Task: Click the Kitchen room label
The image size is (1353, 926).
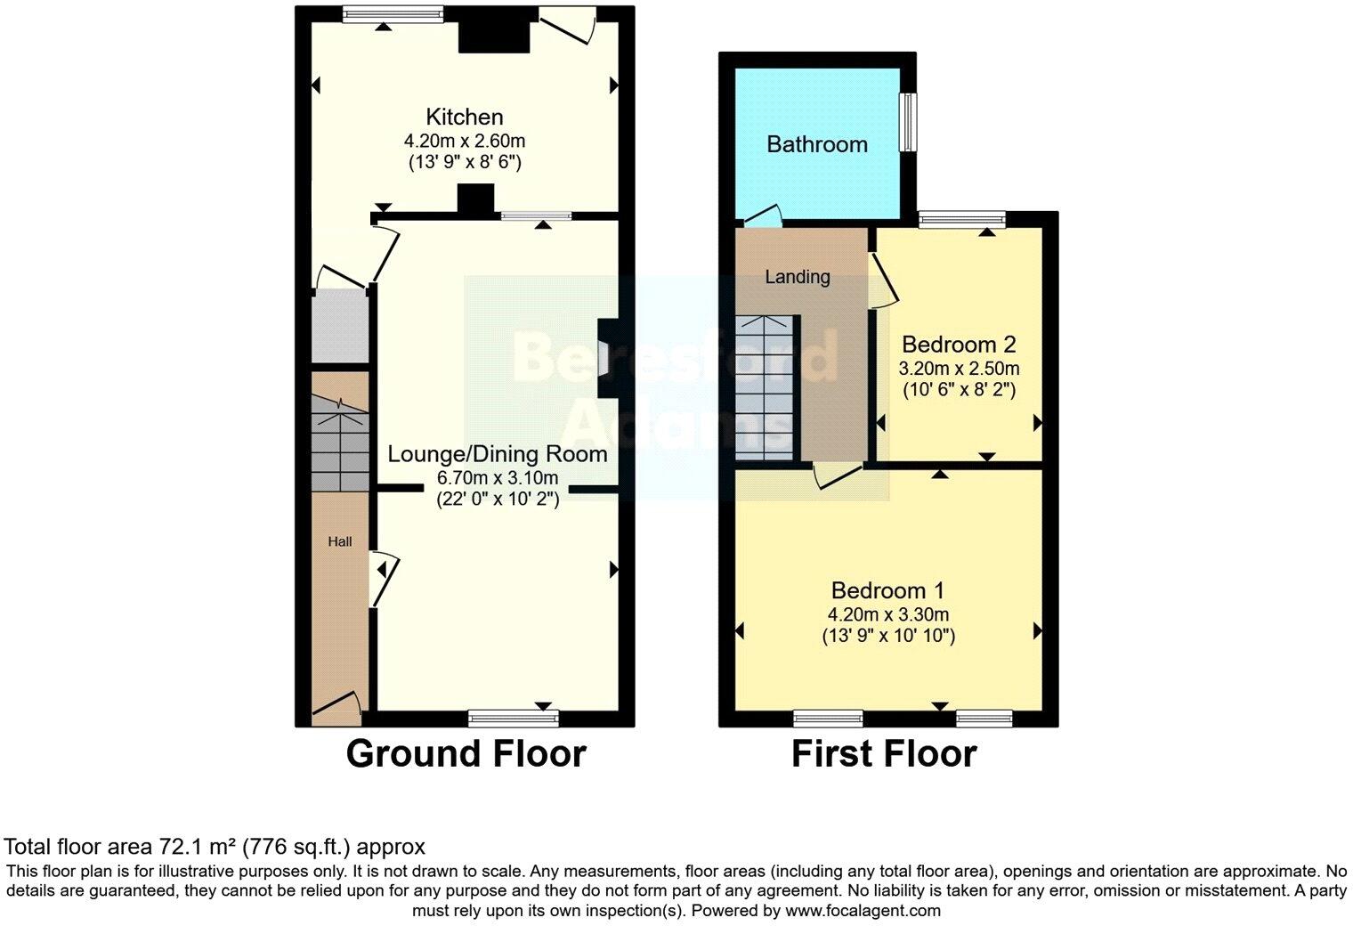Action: [464, 117]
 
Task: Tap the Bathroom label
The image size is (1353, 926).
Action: [816, 144]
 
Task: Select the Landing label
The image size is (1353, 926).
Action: [797, 277]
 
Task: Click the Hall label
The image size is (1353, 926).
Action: [339, 541]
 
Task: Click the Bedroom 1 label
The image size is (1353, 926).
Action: [887, 590]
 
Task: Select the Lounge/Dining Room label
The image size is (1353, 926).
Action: [497, 454]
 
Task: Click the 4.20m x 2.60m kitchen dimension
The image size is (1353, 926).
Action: [464, 141]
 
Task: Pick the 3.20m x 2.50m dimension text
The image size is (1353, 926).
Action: [959, 368]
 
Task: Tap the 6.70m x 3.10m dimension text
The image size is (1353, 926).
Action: [497, 478]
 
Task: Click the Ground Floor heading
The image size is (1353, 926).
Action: [466, 753]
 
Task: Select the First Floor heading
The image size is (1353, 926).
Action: [883, 753]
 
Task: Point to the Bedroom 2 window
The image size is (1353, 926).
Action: [961, 218]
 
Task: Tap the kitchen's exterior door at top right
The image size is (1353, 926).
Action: [567, 25]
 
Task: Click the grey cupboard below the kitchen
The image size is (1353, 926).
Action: [340, 326]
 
